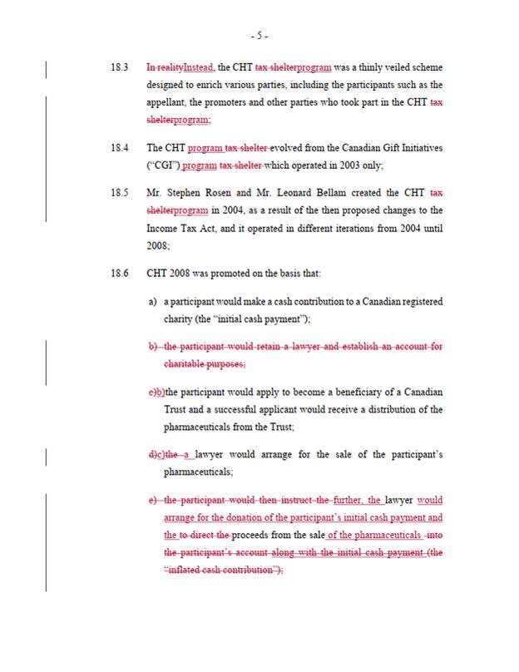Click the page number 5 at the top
click(x=259, y=36)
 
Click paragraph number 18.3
click(x=120, y=67)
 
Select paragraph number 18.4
click(x=120, y=148)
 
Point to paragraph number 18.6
click(x=120, y=272)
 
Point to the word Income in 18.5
click(x=163, y=228)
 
